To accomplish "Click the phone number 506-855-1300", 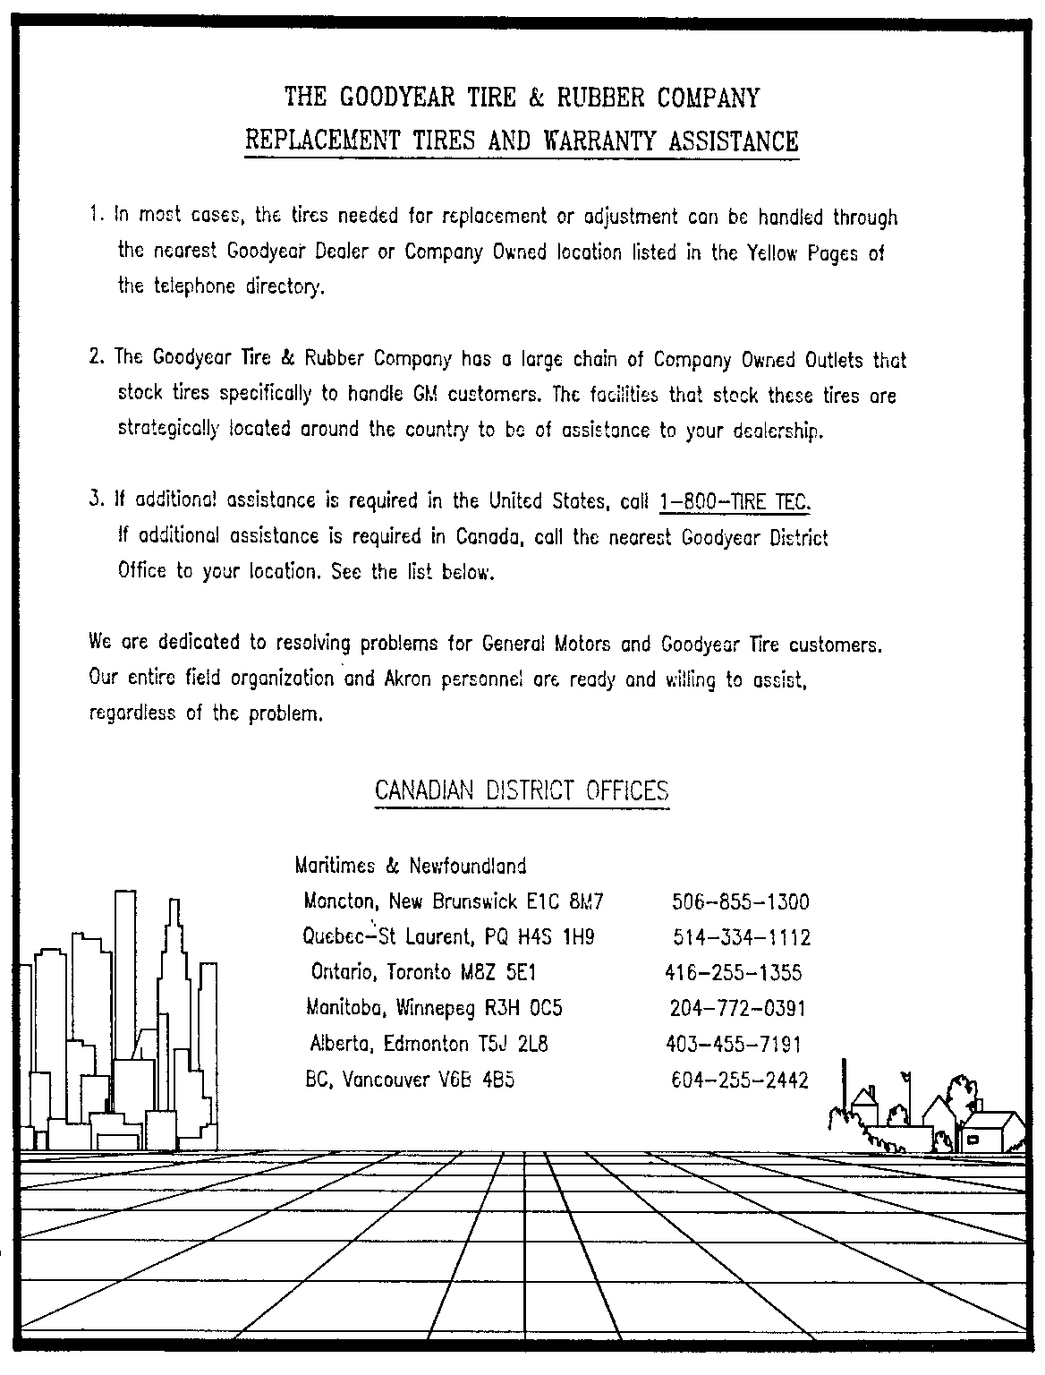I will [740, 901].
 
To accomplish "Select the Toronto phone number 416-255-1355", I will [734, 973].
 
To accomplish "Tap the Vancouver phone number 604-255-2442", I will [740, 1080].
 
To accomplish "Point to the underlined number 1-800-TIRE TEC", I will [734, 502].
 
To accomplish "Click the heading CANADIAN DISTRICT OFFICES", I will [522, 790].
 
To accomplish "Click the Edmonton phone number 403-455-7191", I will [734, 1045].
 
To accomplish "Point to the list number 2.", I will [94, 358].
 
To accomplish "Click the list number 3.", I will [94, 500].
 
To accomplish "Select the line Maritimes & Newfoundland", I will [411, 866].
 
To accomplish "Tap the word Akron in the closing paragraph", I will [408, 679].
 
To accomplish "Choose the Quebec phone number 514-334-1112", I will [742, 937].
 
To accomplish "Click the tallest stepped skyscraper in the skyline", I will [172, 985].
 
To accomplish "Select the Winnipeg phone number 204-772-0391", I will [738, 1009].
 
